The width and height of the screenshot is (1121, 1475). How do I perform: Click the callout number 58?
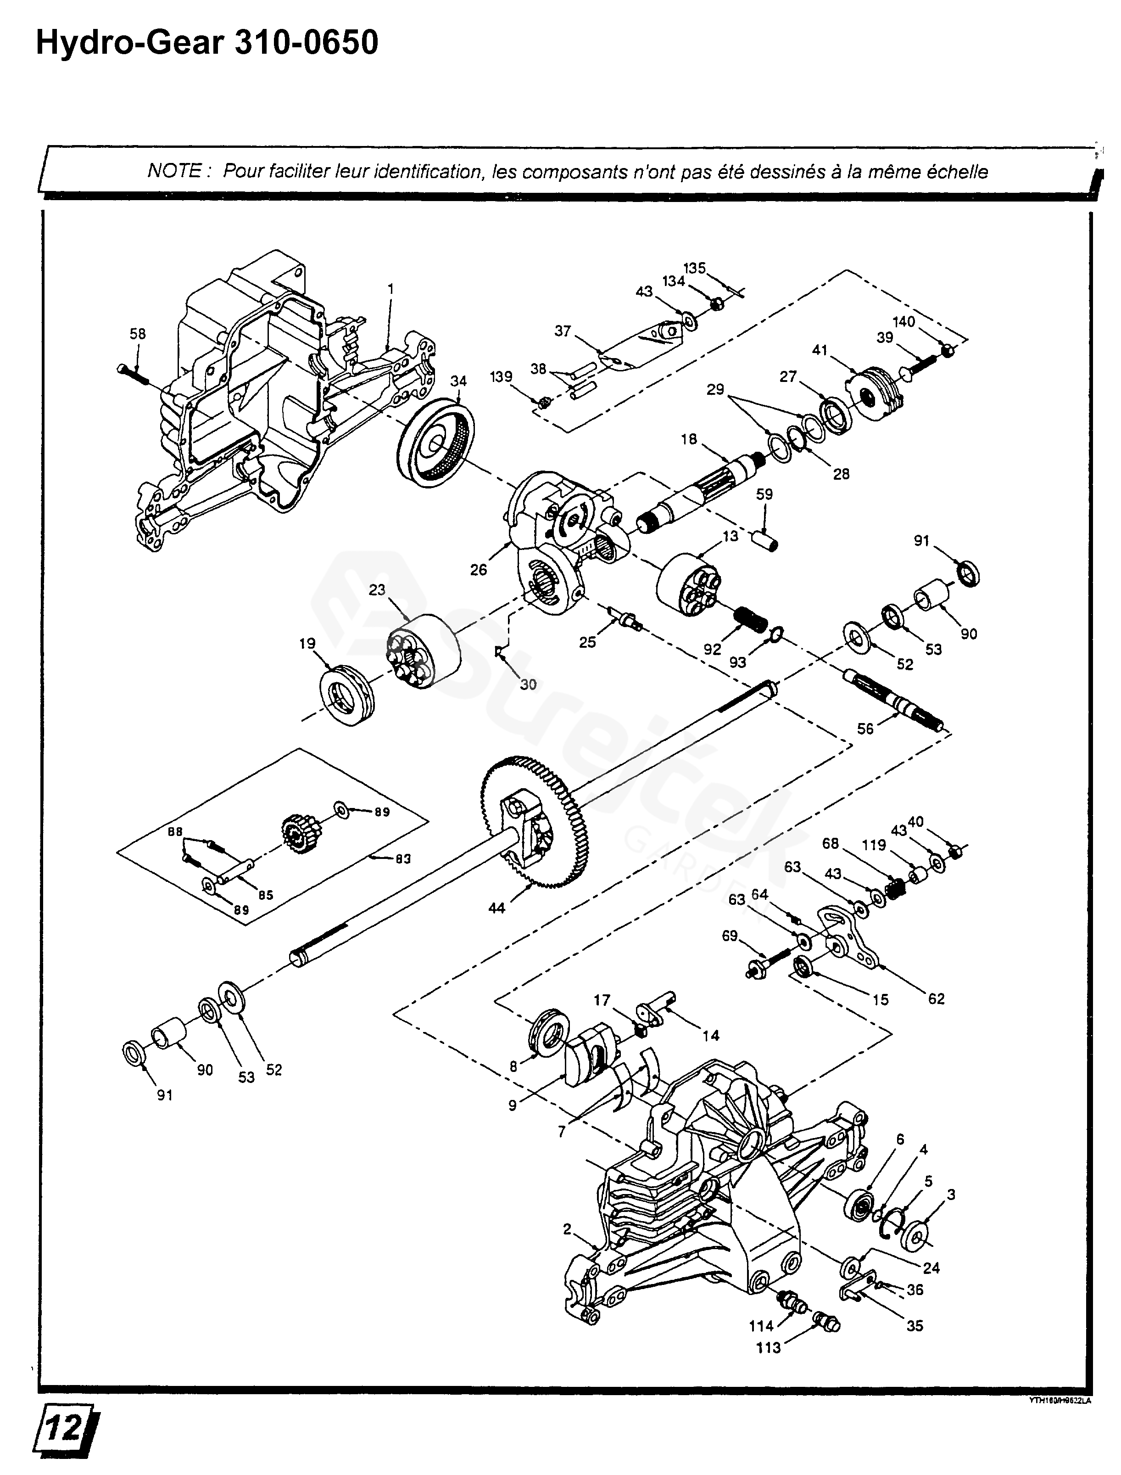tap(138, 334)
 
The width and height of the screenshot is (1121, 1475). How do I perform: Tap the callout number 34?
tap(458, 381)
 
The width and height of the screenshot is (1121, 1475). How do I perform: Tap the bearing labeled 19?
tap(347, 694)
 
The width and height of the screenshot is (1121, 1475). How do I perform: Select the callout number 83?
tap(403, 860)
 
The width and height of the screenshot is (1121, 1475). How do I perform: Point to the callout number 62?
tap(936, 998)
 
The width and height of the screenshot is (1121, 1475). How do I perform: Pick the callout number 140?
tap(903, 322)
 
